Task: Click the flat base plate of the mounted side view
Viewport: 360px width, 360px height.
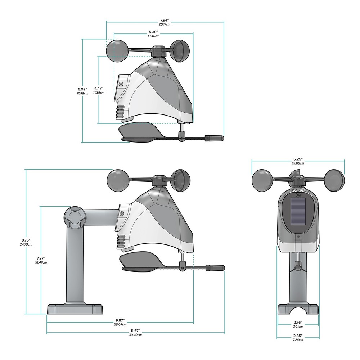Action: [x=75, y=309]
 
